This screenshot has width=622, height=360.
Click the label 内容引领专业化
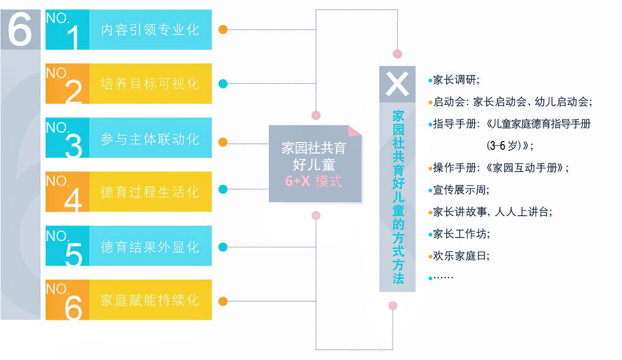pos(150,29)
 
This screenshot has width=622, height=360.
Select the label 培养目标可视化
pos(150,84)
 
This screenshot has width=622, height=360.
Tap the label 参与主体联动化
pos(150,139)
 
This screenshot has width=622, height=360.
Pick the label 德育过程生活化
pos(150,192)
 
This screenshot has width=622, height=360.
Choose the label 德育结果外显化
pos(150,247)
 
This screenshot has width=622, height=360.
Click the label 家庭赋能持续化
pos(150,301)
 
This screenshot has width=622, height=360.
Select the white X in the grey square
pos(397,84)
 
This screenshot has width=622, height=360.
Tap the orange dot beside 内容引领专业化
pos(223,29)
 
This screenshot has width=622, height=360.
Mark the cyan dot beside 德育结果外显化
pos(223,247)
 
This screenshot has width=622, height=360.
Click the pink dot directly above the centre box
pos(315,115)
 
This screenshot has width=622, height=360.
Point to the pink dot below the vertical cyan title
pos(392,306)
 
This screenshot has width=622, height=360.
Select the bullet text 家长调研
pos(456,80)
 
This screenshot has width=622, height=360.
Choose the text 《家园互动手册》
pos(527,168)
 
